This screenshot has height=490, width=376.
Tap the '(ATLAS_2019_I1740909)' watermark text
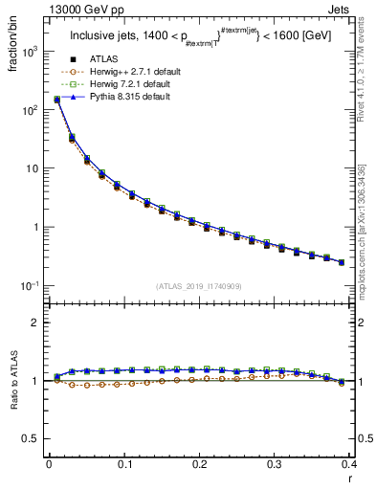[x=199, y=285]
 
